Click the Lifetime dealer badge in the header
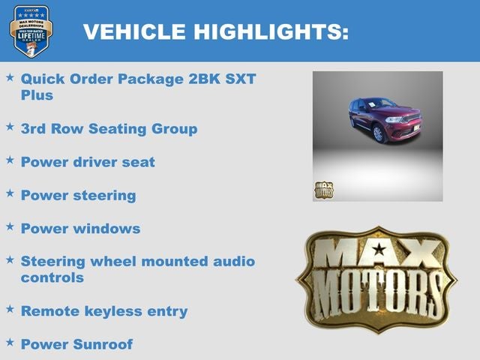tap(31, 31)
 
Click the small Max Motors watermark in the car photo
tap(323, 190)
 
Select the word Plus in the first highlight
tap(37, 95)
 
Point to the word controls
tap(52, 277)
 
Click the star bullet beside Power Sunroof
tap(10, 342)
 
